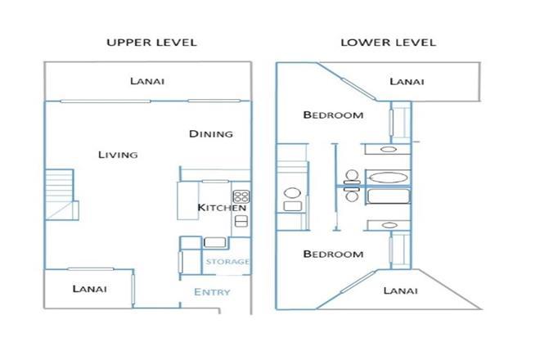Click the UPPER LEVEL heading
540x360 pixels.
(x=151, y=43)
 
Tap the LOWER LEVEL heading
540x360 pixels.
(x=388, y=43)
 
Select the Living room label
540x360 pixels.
(x=118, y=155)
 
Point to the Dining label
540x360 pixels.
(x=211, y=133)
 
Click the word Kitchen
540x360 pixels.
(x=222, y=207)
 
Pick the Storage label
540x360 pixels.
(x=227, y=262)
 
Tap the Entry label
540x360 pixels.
(x=212, y=292)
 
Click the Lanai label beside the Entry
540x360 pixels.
(x=89, y=289)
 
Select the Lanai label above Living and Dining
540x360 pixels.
(x=147, y=81)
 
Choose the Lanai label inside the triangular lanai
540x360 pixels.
(x=401, y=290)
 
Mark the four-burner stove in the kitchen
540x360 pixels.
(x=241, y=196)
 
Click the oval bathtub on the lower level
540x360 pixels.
(x=388, y=178)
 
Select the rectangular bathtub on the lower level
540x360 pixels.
(x=389, y=196)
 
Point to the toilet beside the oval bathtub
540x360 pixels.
(x=352, y=177)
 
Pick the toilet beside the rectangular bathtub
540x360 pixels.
(x=352, y=195)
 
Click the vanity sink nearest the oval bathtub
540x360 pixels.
(x=388, y=150)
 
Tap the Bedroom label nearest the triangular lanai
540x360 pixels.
(x=333, y=254)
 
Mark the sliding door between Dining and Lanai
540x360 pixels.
(x=214, y=101)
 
